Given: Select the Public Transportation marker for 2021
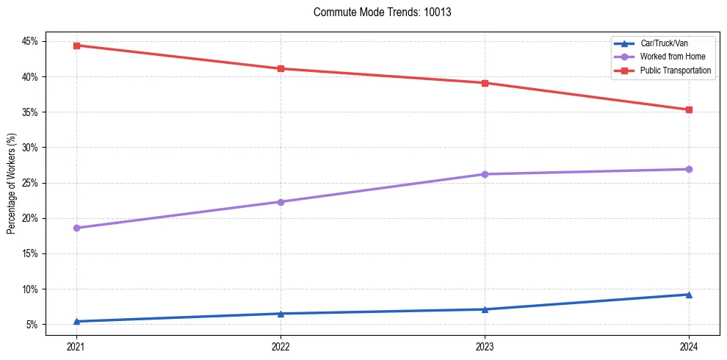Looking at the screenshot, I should pos(76,46).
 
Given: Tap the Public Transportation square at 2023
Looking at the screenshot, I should pos(485,83).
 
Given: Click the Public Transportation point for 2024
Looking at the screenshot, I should pos(689,110).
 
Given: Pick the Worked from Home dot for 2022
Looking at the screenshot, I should pos(281,202).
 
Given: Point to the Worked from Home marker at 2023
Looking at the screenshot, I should pos(485,174).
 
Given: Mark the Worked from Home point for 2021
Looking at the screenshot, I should pos(76,228).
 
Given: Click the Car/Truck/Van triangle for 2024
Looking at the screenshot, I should pos(689,295).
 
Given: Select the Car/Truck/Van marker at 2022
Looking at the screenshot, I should pos(281,314).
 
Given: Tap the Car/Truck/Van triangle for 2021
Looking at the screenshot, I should pos(76,321).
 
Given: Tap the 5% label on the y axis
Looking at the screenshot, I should pos(32,325).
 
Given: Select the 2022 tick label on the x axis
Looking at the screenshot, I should pos(281,345).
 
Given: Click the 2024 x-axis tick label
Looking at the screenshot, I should pos(689,345).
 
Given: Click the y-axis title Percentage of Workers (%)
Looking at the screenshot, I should pos(11,183).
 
